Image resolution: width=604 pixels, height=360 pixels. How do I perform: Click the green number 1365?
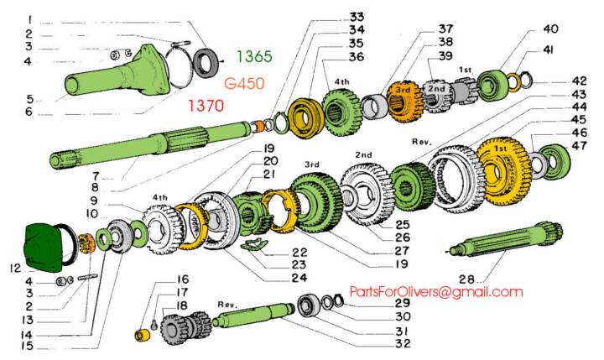(x=254, y=56)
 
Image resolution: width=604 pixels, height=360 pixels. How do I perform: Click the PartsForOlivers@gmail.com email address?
(x=436, y=291)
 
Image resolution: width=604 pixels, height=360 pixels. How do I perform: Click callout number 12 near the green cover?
(x=11, y=269)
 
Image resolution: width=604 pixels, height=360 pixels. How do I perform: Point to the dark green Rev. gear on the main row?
(x=410, y=180)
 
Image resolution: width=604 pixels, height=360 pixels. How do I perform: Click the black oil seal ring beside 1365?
(x=206, y=62)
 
